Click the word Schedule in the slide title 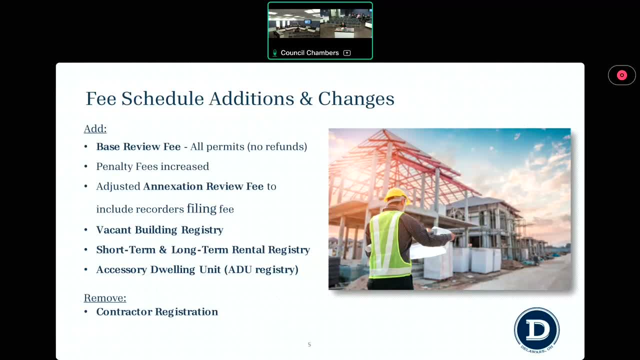(162, 99)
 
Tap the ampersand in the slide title (306, 99)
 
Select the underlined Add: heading (95, 129)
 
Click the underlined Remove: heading (105, 298)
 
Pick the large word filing (201, 208)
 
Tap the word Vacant (113, 229)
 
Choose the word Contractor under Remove (124, 311)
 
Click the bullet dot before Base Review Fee (85, 147)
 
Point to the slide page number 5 (309, 344)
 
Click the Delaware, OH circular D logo (537, 330)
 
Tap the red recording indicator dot (621, 75)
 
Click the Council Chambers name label (309, 53)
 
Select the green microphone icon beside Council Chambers (274, 53)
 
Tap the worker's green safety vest (389, 244)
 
